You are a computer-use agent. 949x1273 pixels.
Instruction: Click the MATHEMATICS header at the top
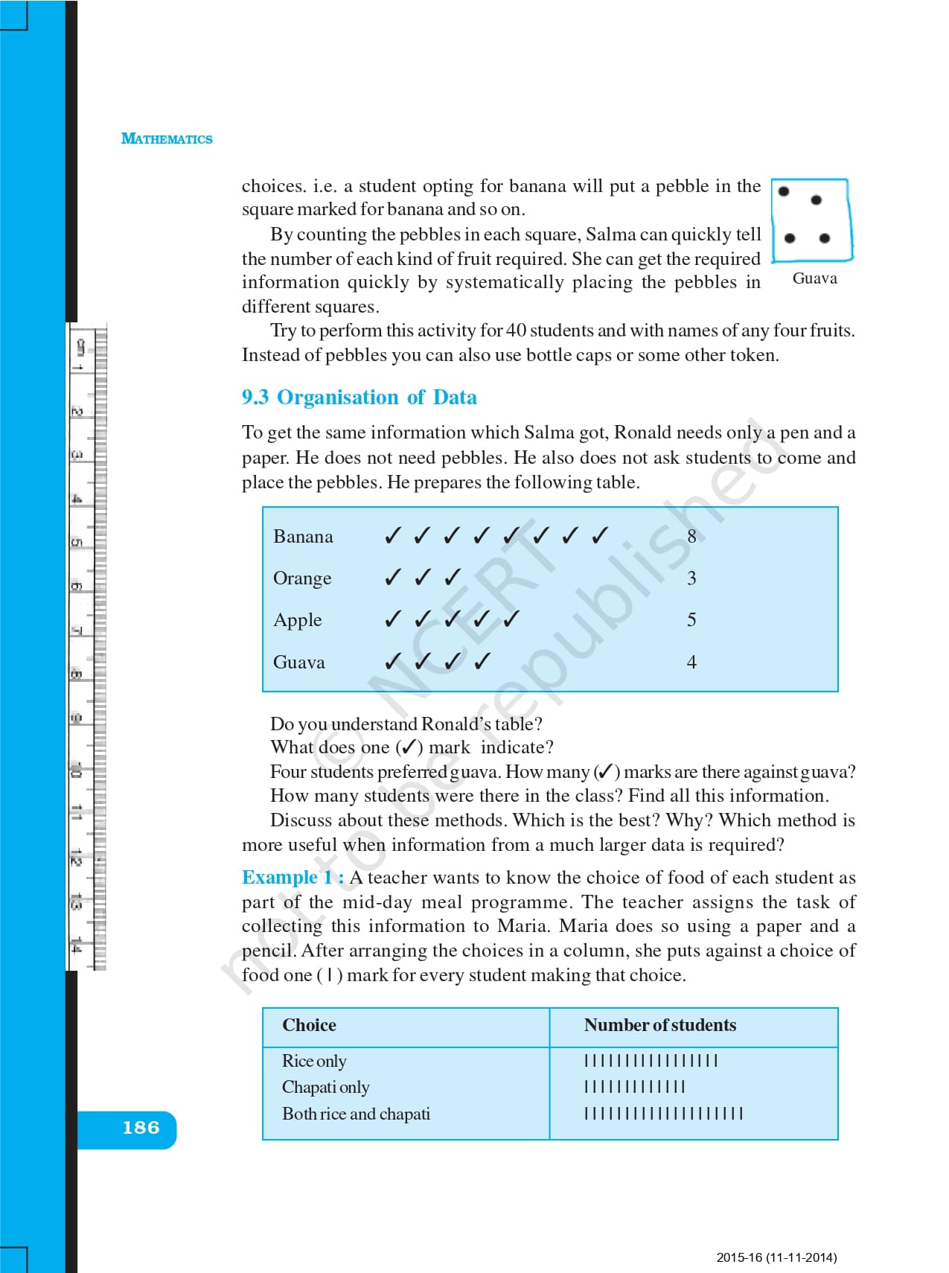pos(167,138)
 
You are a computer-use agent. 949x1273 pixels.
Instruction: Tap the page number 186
pos(141,1128)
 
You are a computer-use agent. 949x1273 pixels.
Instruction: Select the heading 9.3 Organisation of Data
pos(359,398)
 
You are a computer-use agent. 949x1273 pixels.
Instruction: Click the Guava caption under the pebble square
pos(814,278)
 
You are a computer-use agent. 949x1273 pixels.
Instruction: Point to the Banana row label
pos(303,537)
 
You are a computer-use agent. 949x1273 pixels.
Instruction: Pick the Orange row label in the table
pos(302,578)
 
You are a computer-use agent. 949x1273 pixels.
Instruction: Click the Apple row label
pos(298,620)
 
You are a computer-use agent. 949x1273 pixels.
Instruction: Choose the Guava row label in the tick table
pos(299,663)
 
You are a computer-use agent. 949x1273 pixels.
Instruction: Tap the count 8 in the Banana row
pos(691,537)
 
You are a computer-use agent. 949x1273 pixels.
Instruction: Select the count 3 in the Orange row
pos(691,578)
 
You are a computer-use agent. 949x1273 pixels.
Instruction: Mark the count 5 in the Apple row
pos(691,620)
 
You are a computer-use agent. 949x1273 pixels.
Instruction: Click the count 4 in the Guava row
pos(691,663)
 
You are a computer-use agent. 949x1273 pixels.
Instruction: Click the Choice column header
pos(309,1025)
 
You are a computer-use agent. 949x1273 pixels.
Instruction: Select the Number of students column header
pos(659,1025)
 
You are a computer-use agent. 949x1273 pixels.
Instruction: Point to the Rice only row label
pos(314,1061)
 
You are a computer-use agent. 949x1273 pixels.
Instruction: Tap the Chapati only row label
pos(325,1088)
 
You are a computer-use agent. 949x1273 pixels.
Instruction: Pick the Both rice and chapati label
pos(356,1114)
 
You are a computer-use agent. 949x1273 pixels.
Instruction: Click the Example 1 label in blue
pos(293,878)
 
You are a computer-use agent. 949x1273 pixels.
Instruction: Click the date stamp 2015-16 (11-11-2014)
pos(776,1257)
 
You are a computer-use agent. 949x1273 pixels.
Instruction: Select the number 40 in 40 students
pos(516,331)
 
